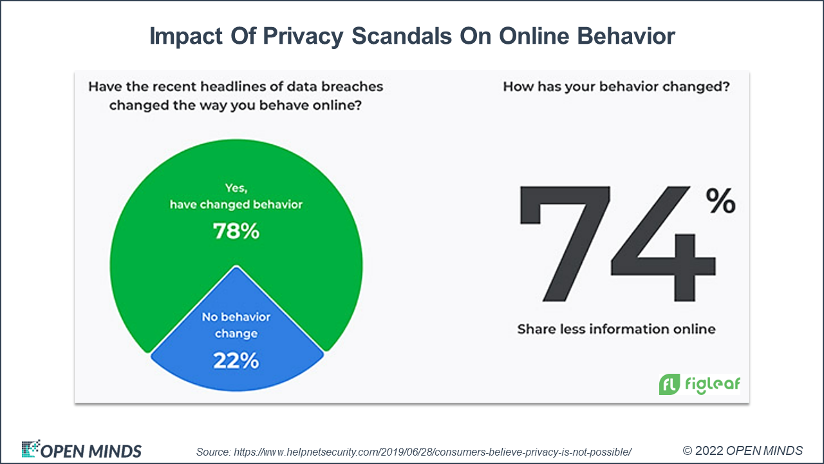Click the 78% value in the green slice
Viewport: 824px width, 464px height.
click(x=236, y=231)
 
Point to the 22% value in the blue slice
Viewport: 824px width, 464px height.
click(x=236, y=361)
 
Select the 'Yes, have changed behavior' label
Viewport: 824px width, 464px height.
click(x=236, y=197)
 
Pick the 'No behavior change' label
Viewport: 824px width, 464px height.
click(x=236, y=325)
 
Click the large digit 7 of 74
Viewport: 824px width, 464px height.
click(x=564, y=245)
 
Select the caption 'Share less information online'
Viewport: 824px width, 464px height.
click(x=616, y=329)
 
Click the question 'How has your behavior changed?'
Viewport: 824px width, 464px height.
click(x=616, y=86)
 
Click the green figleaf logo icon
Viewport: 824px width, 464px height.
click(x=669, y=384)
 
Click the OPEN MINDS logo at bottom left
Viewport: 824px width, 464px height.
click(x=81, y=450)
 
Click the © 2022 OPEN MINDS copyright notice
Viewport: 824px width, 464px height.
click(x=742, y=450)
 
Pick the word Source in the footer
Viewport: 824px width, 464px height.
click(x=213, y=450)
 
